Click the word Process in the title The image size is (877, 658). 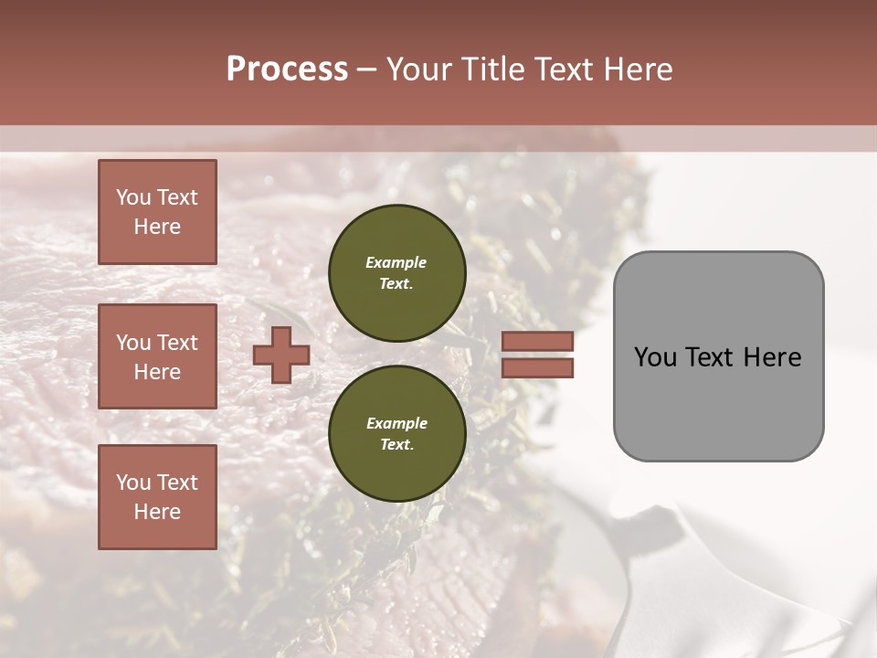(287, 69)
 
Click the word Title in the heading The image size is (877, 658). (490, 69)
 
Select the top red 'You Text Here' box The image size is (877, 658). (157, 212)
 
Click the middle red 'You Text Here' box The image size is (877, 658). (157, 356)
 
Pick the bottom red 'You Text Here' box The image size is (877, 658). (157, 496)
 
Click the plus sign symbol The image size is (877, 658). (281, 355)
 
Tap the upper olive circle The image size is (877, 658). (396, 273)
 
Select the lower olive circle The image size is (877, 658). (396, 434)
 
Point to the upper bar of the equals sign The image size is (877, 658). (537, 341)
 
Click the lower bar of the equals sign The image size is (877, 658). (537, 367)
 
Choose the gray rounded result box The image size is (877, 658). (718, 356)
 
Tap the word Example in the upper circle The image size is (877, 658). (396, 262)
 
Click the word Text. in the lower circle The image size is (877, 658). (396, 445)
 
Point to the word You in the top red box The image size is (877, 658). (133, 197)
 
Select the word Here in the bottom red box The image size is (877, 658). (157, 512)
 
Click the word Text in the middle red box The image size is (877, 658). (177, 343)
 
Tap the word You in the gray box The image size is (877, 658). (655, 357)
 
